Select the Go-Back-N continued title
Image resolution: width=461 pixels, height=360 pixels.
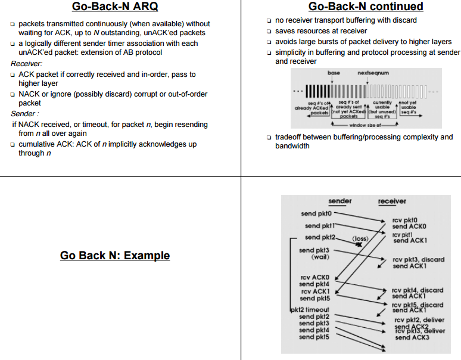click(x=366, y=7)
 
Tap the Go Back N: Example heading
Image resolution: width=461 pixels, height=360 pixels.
click(x=115, y=256)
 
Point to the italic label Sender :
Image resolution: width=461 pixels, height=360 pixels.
click(x=25, y=114)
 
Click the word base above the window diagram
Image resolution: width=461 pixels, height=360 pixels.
click(x=334, y=72)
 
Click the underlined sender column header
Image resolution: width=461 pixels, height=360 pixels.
click(x=339, y=201)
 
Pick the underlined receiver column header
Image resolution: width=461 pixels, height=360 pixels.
click(x=392, y=201)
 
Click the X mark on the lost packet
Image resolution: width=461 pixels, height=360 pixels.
click(x=359, y=244)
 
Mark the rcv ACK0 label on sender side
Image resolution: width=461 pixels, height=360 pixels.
click(x=314, y=278)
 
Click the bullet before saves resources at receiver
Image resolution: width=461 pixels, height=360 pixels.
click(x=269, y=31)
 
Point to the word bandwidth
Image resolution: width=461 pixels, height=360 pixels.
click(x=292, y=146)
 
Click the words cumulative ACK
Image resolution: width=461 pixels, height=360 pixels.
click(x=45, y=144)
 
